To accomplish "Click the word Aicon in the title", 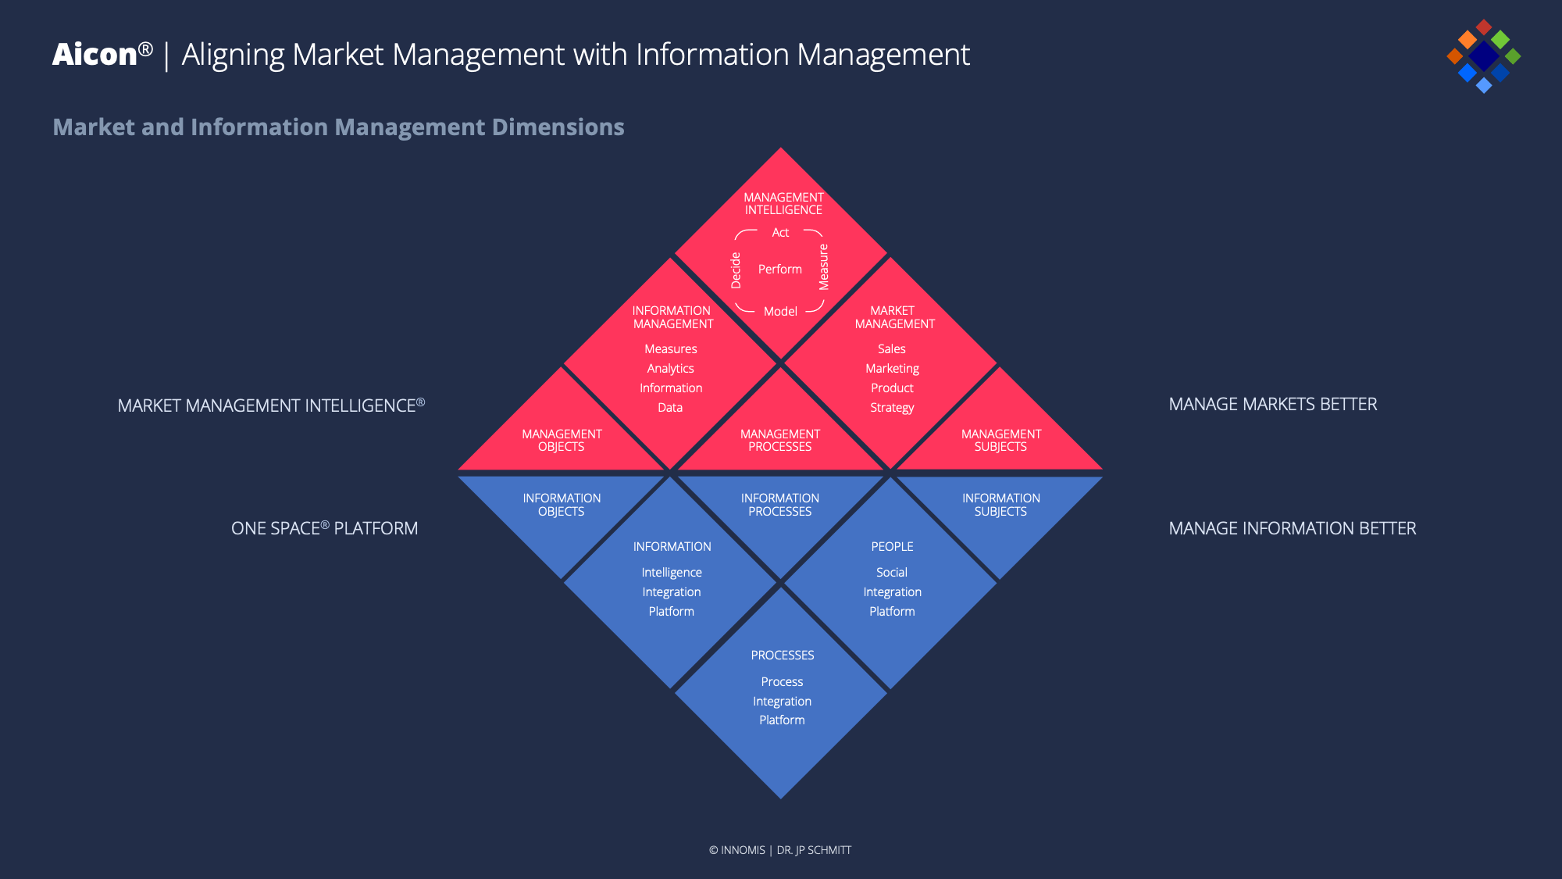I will point(95,55).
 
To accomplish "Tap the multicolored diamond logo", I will point(1483,56).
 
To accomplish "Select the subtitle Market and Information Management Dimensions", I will point(338,127).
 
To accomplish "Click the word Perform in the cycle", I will point(779,270).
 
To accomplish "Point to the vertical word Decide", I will point(736,270).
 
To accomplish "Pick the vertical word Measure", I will point(823,267).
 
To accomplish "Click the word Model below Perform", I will point(780,312).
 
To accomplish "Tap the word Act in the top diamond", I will point(780,233).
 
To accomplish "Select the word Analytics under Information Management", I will point(670,369).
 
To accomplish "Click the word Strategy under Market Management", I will point(892,408).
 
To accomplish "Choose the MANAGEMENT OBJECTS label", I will point(562,441).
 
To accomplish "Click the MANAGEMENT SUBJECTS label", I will point(1000,441).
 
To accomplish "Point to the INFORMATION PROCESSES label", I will point(779,505).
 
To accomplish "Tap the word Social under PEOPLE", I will point(892,573).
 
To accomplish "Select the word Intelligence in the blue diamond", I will point(672,573).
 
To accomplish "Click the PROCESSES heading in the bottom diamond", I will point(783,656).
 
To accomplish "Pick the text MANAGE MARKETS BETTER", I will point(1273,405).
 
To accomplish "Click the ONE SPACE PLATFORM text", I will point(324,529).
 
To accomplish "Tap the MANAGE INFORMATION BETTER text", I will point(1292,529).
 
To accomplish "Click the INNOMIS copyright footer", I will point(779,850).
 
